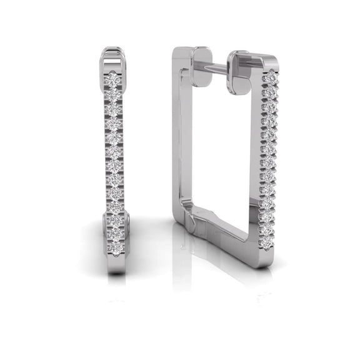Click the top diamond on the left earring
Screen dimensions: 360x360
112,79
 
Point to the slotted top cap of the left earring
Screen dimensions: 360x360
112,57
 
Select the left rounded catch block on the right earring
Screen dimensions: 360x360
201,66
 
